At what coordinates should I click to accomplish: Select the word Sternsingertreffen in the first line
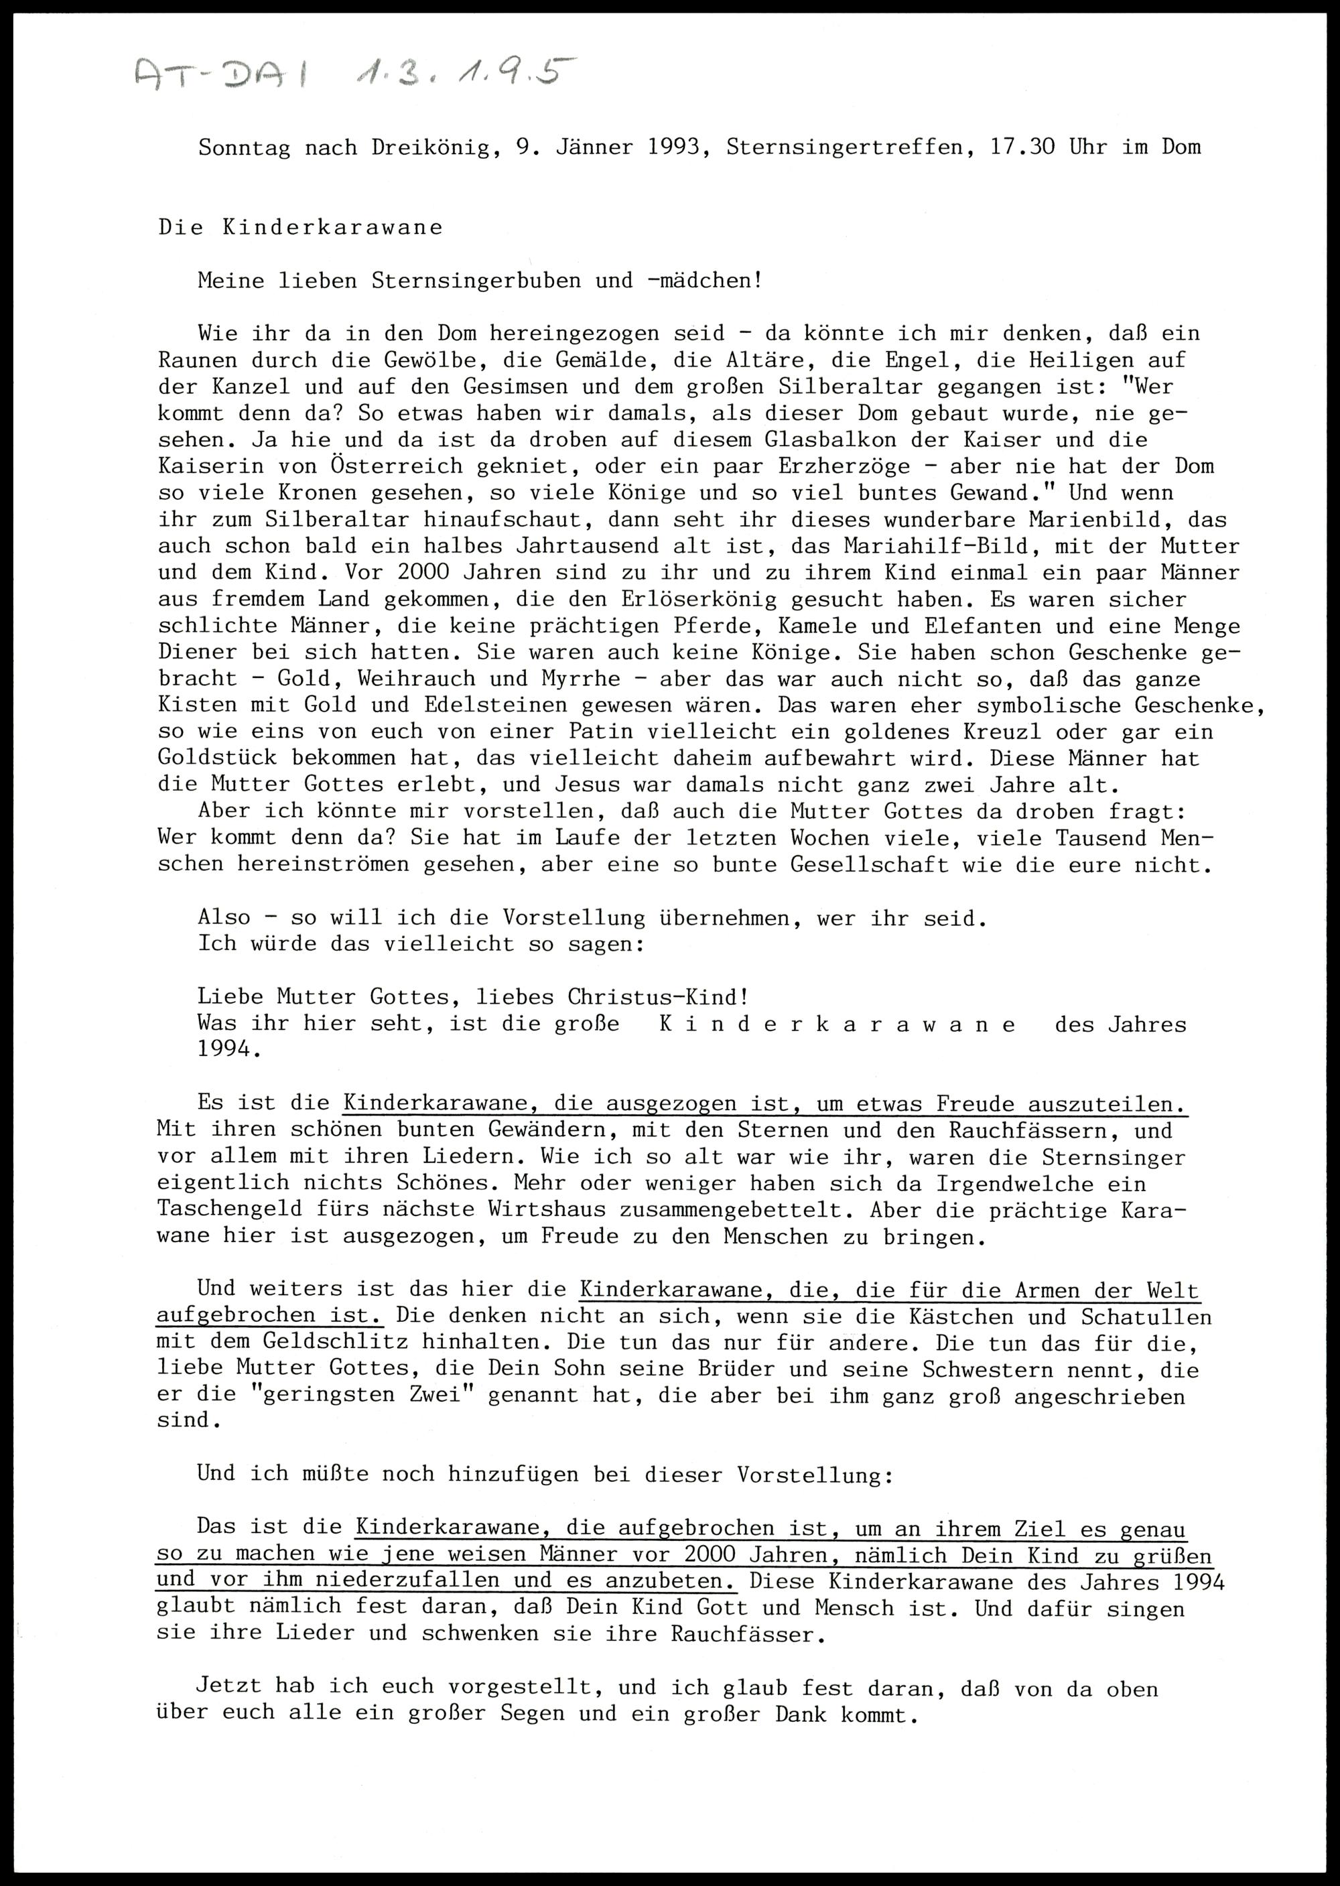pyautogui.click(x=844, y=147)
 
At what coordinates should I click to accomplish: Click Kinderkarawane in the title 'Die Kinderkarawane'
pyautogui.click(x=332, y=228)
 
